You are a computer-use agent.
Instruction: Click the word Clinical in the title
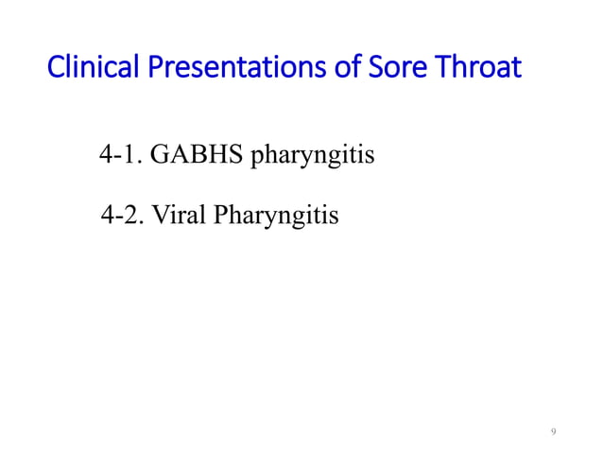84,70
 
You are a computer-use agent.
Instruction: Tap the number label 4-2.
122,216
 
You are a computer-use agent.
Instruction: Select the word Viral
179,216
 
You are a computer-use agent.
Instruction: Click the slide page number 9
554,432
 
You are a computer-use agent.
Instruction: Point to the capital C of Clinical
54,70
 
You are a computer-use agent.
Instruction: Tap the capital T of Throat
431,70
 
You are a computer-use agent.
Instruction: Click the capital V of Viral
160,216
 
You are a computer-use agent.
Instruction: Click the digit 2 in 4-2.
133,216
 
